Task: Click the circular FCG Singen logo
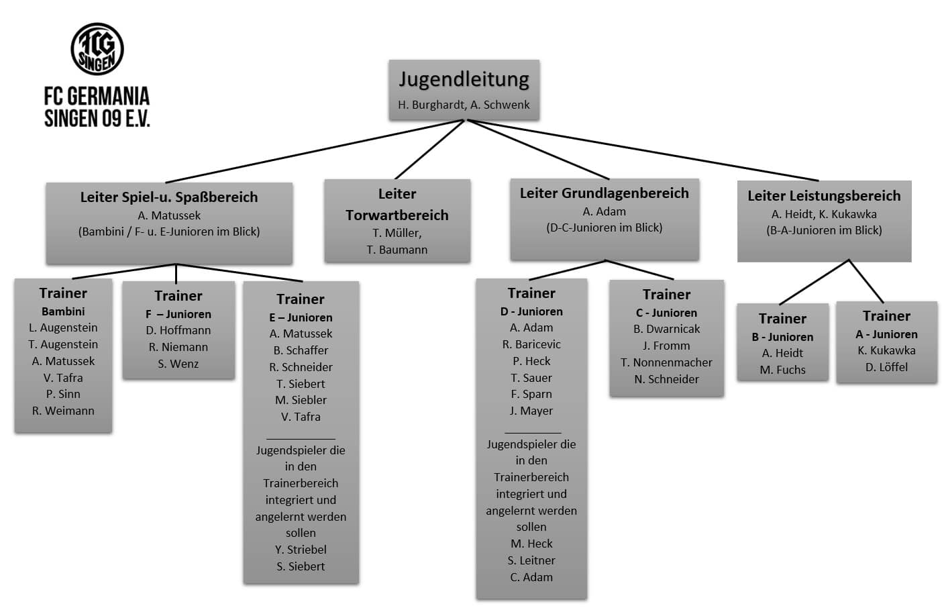tap(97, 49)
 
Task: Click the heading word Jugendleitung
tap(464, 79)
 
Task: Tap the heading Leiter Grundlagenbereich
tap(604, 193)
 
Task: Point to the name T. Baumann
tap(397, 250)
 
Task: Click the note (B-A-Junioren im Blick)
tap(824, 230)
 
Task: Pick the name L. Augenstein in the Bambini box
tap(63, 327)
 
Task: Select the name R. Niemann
tap(178, 347)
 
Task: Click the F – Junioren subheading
tap(178, 314)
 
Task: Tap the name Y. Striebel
tap(301, 550)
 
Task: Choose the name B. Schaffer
tap(301, 350)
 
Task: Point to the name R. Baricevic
tap(531, 344)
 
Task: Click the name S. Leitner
tap(531, 560)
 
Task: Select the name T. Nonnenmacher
tap(666, 362)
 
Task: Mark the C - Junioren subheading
tap(666, 313)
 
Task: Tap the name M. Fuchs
tap(782, 370)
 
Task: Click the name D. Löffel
tap(886, 367)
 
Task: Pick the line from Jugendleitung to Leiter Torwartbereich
tap(429, 150)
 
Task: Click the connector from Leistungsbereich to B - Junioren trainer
tap(814, 283)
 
